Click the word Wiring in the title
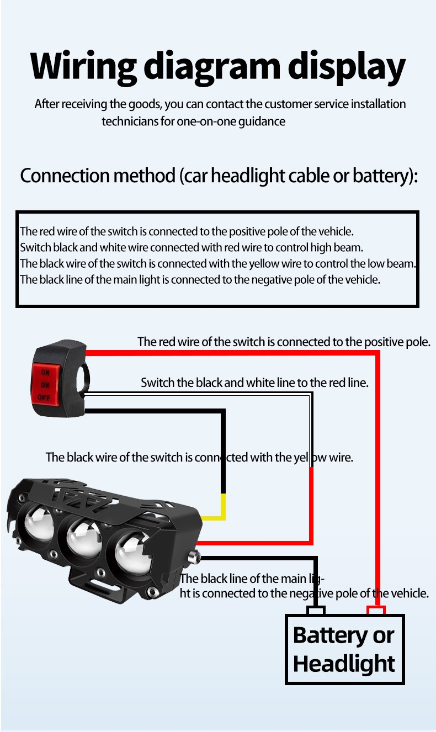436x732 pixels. tap(83, 67)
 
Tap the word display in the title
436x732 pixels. tap(346, 67)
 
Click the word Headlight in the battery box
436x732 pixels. tap(344, 664)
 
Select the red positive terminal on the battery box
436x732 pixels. tap(376, 611)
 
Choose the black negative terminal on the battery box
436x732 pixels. tap(316, 611)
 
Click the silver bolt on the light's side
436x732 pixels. tap(193, 557)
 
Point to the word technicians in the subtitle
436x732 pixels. tap(130, 121)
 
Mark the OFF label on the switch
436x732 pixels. tap(44, 397)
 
